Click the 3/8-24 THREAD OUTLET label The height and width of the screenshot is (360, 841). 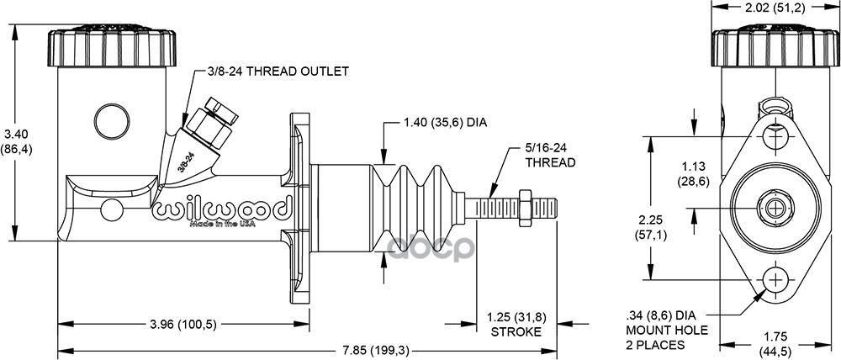(x=278, y=71)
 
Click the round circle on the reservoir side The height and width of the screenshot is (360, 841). (x=111, y=119)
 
